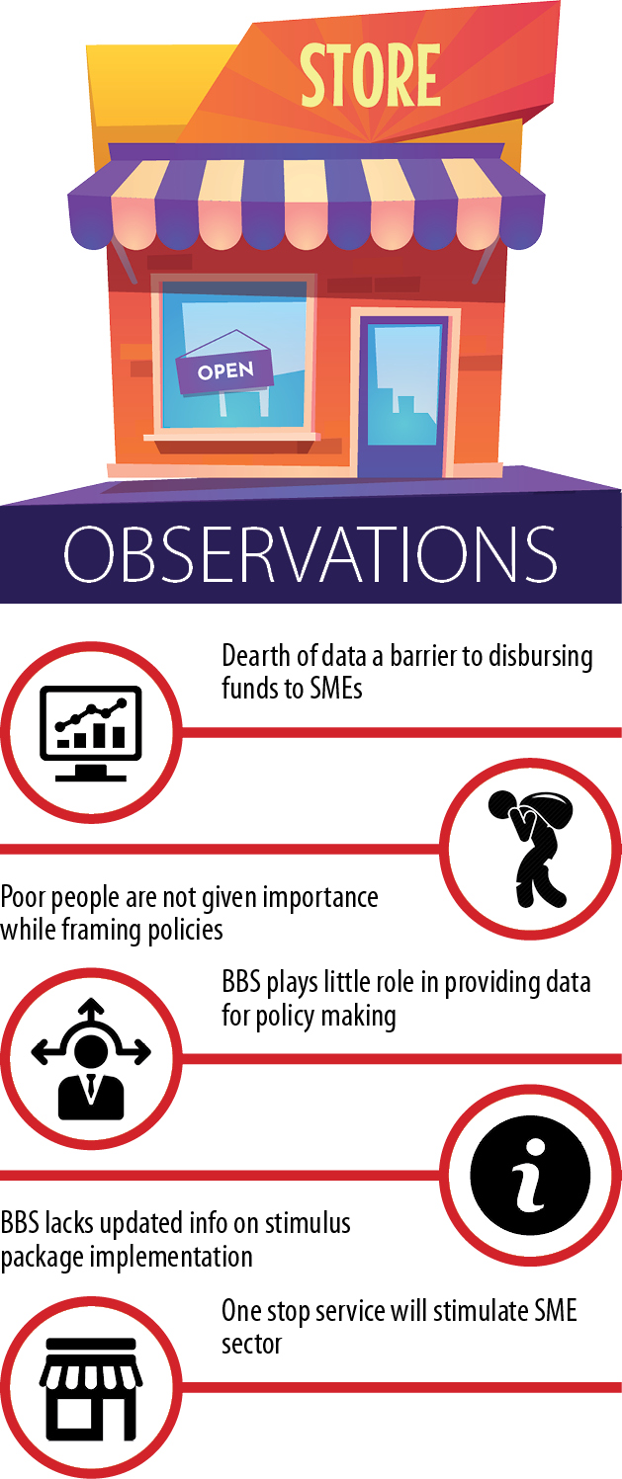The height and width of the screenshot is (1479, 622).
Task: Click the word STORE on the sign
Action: [371, 75]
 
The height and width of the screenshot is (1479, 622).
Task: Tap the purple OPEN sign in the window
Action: [224, 370]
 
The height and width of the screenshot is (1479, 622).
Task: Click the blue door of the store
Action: [403, 396]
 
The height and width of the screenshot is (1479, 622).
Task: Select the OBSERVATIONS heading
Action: [310, 553]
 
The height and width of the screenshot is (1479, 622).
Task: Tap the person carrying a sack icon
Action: [530, 848]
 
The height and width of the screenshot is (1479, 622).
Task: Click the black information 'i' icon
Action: [530, 1176]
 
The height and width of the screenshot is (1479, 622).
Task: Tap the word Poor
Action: [23, 897]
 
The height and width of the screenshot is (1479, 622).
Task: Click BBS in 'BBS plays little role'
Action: [240, 982]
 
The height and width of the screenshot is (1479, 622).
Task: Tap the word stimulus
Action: [308, 1223]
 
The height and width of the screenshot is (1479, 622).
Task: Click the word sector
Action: [252, 1345]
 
